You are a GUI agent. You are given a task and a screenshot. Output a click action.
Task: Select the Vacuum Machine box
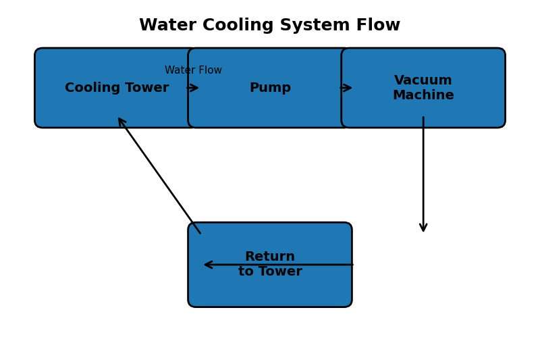tap(423, 108)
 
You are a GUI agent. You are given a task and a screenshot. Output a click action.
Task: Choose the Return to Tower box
tap(270, 287)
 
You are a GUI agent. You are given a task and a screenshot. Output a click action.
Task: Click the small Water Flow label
tap(193, 70)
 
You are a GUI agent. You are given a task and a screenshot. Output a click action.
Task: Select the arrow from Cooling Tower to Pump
tap(192, 88)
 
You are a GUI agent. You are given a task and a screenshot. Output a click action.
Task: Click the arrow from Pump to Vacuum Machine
tap(346, 88)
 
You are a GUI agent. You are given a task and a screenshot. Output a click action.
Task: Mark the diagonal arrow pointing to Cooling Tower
tap(159, 176)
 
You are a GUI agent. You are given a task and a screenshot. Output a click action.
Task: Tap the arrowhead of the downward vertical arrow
tap(423, 228)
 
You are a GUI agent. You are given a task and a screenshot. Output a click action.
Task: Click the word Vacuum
tap(423, 80)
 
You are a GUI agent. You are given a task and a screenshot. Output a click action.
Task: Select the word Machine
tap(423, 95)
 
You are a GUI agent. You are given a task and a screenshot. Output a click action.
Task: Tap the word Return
tap(270, 257)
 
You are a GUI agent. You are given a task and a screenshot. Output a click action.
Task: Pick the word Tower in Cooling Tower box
tap(146, 88)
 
